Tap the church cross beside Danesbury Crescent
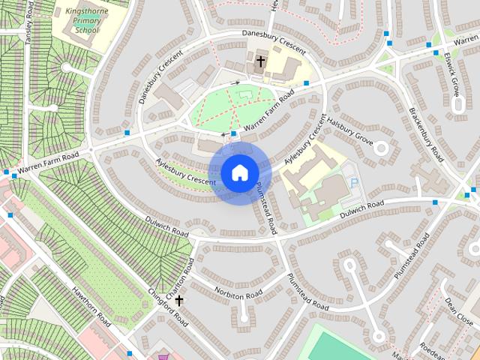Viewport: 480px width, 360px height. tap(261, 62)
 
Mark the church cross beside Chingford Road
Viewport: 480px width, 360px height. tap(179, 301)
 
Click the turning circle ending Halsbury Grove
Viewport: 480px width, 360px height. tap(381, 147)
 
